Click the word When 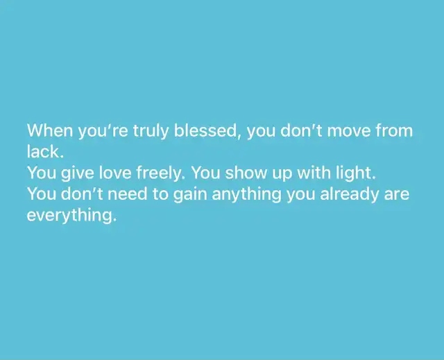(x=50, y=130)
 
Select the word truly (x=151, y=131)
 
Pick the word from (x=394, y=130)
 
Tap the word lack (x=45, y=152)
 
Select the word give (x=78, y=173)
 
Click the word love (x=115, y=173)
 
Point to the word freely (x=161, y=173)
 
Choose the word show (x=246, y=173)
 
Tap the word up (x=282, y=175)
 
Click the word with (x=314, y=173)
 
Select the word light (x=356, y=173)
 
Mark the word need (x=128, y=194)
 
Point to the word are (x=397, y=196)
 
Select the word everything (x=71, y=216)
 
